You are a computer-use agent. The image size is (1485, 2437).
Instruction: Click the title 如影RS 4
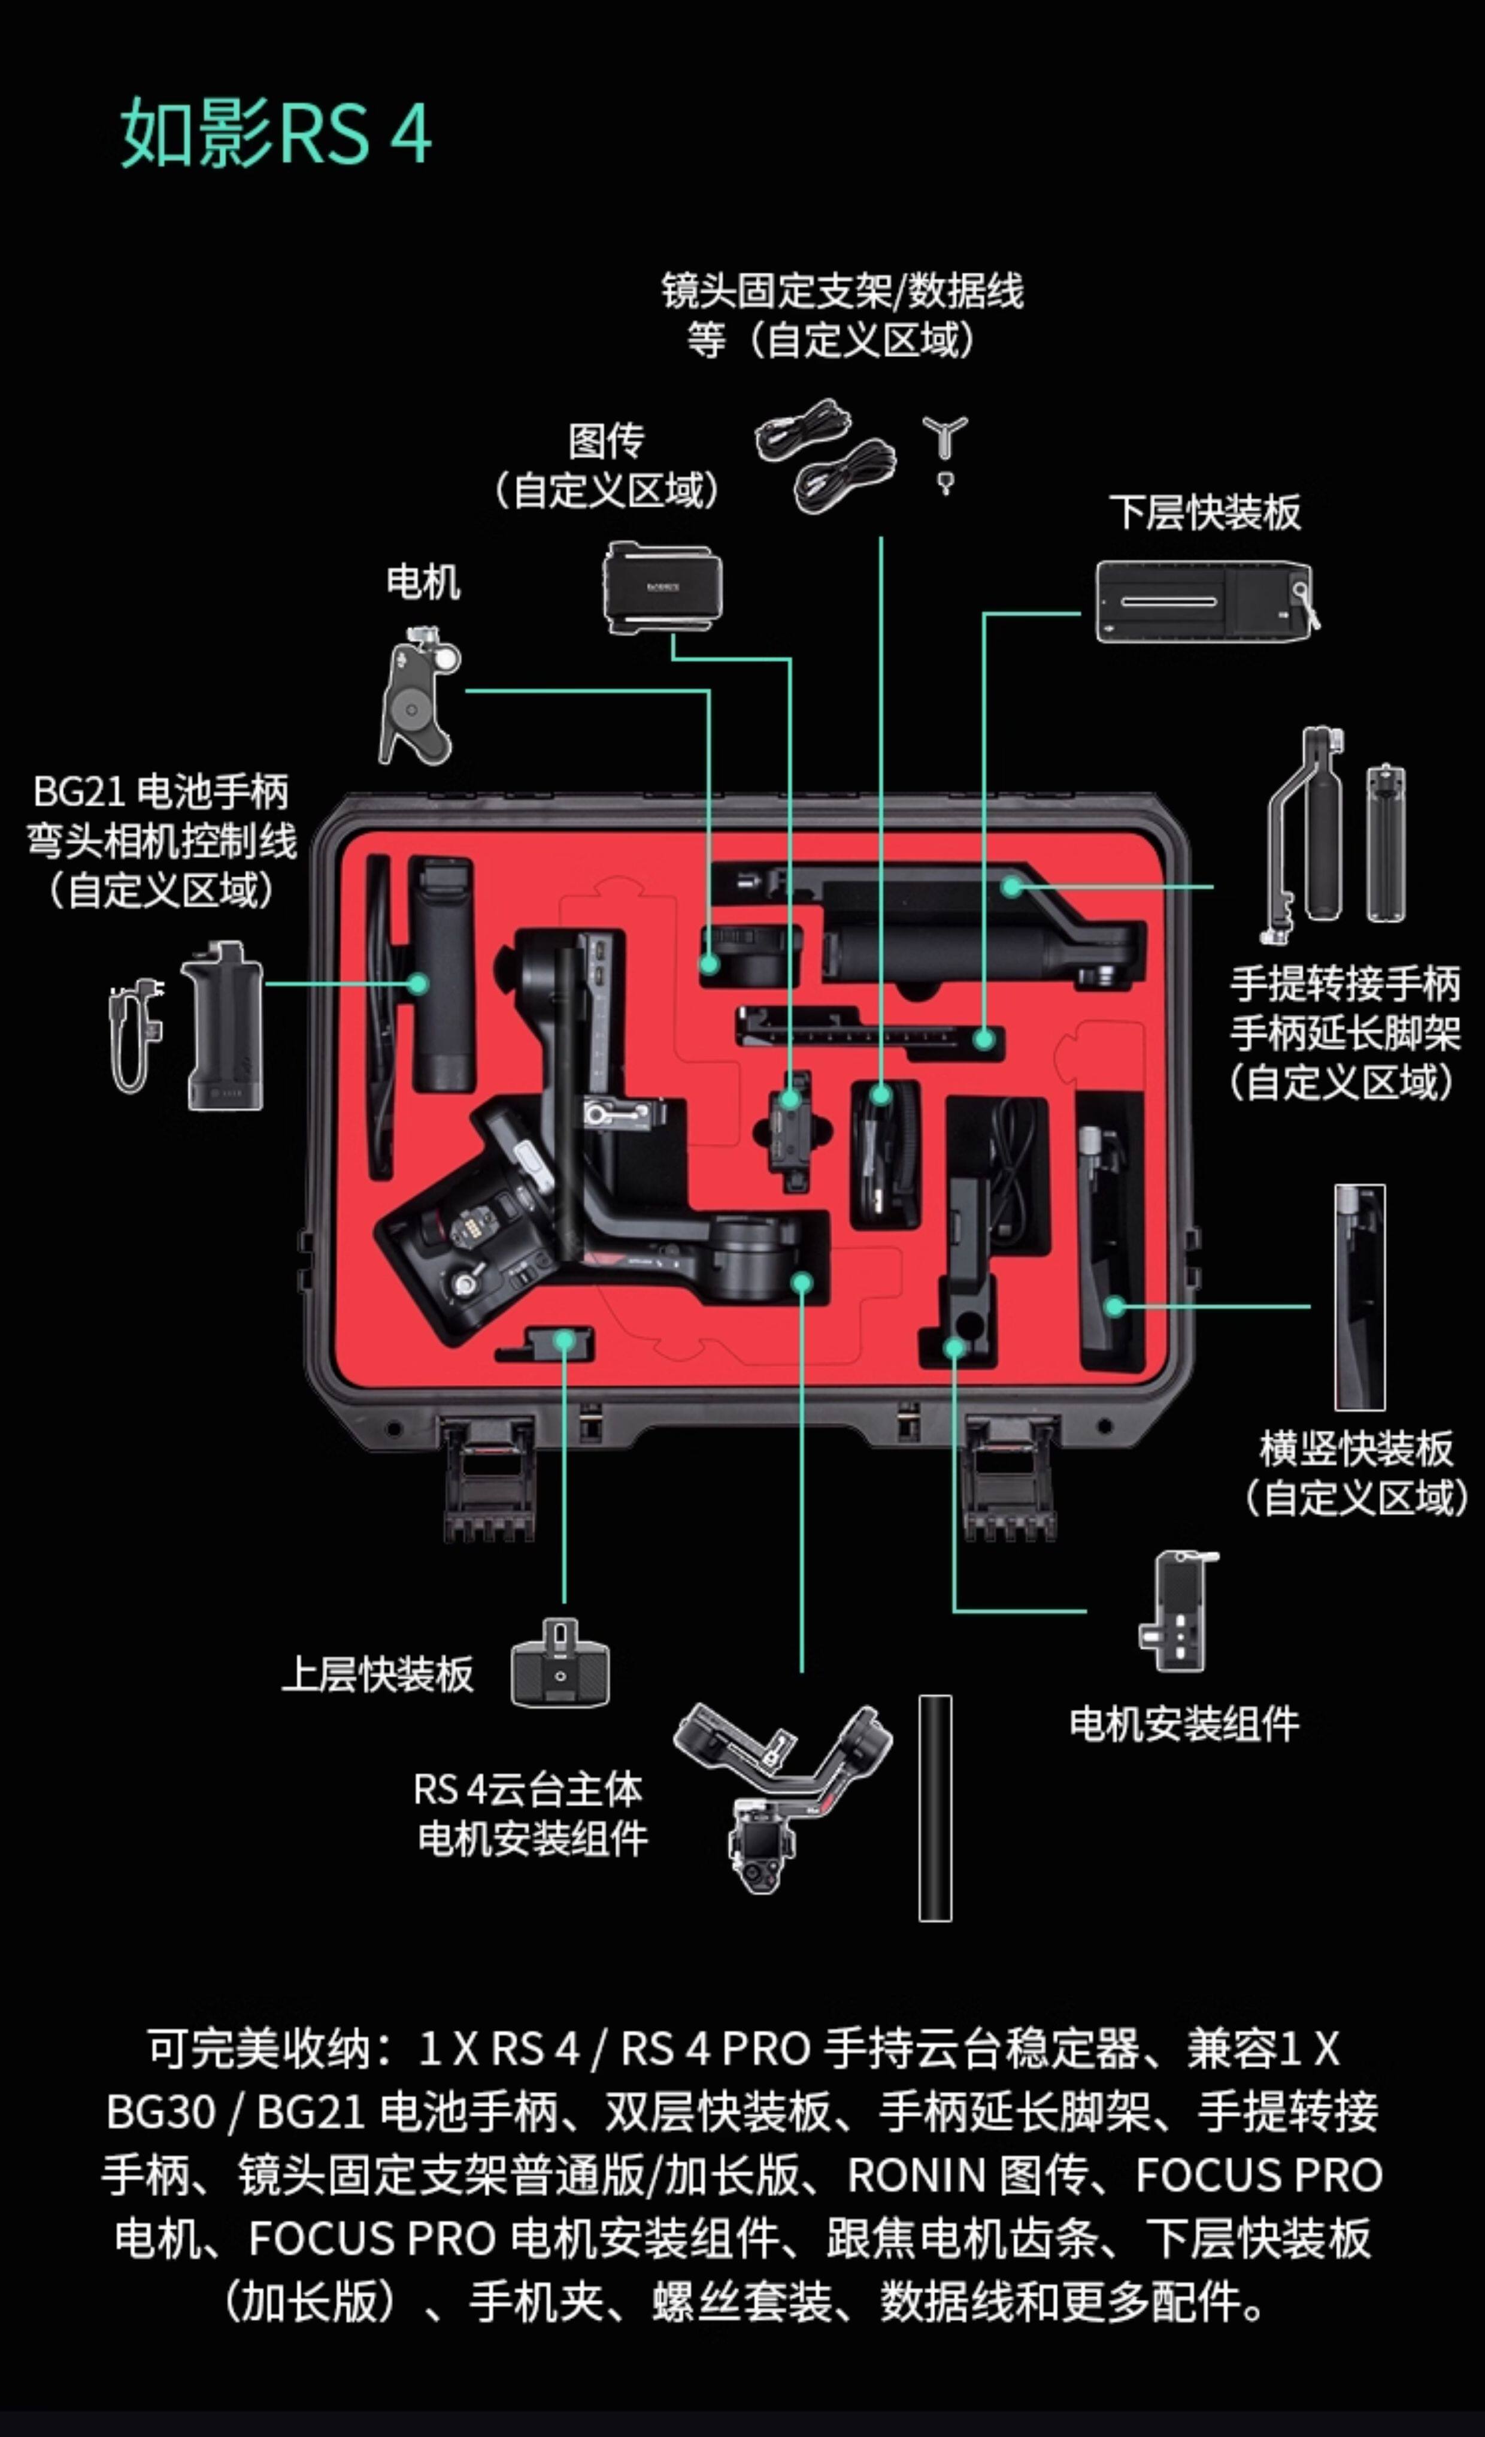pos(275,132)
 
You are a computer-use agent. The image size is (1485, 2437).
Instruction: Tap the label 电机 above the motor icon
pos(423,582)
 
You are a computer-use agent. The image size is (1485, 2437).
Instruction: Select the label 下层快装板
pos(1204,512)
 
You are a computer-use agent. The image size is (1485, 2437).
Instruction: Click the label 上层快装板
pos(378,1674)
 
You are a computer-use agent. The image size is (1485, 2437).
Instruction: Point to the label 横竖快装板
pos(1356,1449)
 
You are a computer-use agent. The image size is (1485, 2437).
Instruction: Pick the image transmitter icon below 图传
pos(662,588)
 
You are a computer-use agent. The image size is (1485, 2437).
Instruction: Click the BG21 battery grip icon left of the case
pos(223,1026)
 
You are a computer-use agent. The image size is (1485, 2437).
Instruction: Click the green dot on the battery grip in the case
pos(418,984)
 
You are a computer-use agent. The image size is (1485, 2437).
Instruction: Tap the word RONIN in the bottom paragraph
pos(917,2175)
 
